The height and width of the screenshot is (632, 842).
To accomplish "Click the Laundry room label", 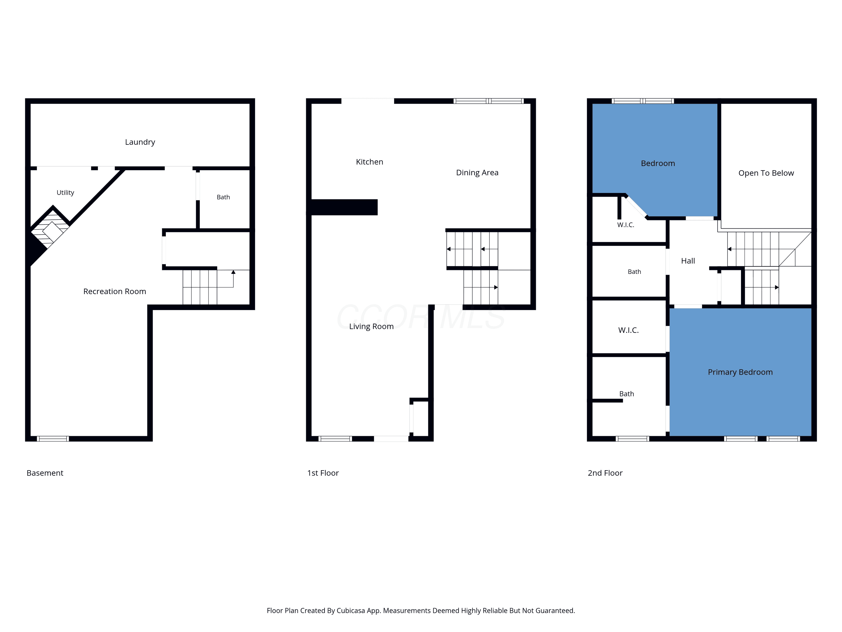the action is (140, 142).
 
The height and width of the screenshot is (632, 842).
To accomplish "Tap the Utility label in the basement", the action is (65, 192).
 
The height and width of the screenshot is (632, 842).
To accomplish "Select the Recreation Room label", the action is (115, 292).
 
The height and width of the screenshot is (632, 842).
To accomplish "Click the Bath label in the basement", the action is (223, 197).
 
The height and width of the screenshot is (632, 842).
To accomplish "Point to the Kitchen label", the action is (370, 162).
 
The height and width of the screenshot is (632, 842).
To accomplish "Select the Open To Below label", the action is (766, 173).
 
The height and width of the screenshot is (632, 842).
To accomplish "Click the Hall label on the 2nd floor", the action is (688, 261).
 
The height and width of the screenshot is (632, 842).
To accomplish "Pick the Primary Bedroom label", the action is (740, 372).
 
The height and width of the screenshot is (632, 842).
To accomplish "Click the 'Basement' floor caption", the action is (45, 473).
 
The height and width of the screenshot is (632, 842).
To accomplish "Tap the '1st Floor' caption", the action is (323, 473).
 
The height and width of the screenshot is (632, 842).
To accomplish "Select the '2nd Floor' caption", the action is (605, 473).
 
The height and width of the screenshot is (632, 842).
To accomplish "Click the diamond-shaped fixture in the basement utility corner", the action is (52, 232).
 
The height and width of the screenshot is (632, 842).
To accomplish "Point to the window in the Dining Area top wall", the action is (489, 101).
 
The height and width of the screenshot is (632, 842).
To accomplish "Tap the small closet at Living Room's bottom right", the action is (421, 417).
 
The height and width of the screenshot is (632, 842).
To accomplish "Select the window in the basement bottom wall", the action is (53, 439).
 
